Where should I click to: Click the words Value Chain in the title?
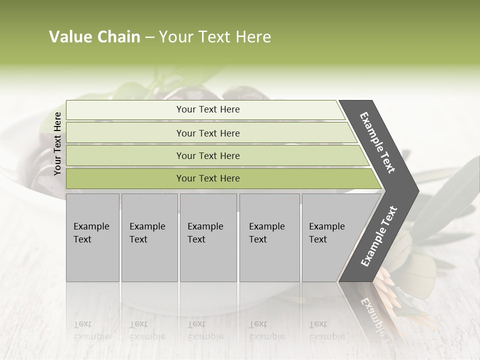pos(94,37)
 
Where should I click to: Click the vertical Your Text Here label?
pos(57,143)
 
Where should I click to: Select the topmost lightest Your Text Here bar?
pos(207,109)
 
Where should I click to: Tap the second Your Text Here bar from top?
pos(207,133)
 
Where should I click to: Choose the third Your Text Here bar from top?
pos(207,155)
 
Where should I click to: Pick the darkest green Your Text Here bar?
pos(207,178)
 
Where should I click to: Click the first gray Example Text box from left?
pos(92,237)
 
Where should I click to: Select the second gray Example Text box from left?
pos(149,237)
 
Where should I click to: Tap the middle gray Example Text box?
pos(207,237)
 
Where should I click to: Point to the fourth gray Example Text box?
pos(269,237)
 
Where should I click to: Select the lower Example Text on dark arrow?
pos(378,236)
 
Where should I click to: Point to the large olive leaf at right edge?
pos(450,200)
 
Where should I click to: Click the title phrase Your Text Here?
pos(215,37)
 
